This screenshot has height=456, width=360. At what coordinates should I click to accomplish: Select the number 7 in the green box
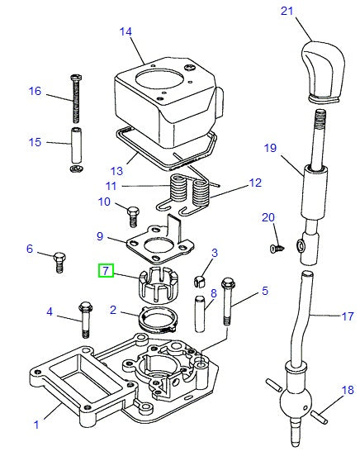click(x=105, y=270)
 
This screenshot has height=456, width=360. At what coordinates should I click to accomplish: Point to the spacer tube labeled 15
click(x=74, y=145)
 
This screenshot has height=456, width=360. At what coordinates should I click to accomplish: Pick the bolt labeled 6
click(x=58, y=261)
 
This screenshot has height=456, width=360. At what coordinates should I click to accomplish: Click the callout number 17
click(x=347, y=316)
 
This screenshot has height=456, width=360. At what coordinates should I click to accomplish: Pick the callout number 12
click(x=254, y=183)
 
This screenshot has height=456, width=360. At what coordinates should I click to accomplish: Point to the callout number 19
click(x=268, y=149)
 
